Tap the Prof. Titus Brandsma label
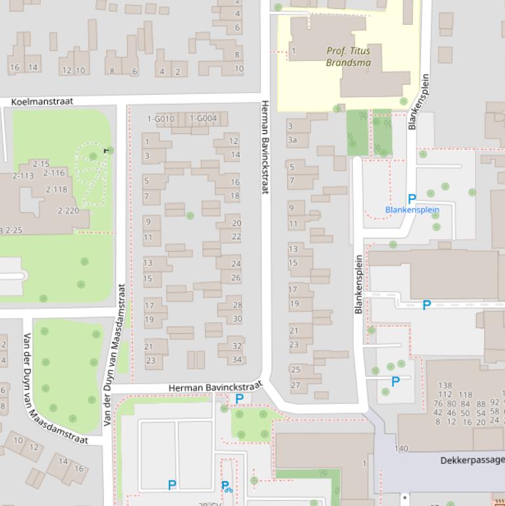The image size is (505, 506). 348,57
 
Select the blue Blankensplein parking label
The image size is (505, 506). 412,210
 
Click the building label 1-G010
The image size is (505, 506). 161,119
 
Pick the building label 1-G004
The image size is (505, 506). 203,119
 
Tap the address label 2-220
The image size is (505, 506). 68,211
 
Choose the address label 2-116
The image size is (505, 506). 54,173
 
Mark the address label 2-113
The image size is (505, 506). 23,176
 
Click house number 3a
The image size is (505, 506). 292,140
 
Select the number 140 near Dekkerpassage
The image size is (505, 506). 401,449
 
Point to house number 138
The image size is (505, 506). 445,386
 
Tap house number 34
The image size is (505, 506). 237,360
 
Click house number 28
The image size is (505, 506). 237,305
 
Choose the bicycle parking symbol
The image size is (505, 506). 227,487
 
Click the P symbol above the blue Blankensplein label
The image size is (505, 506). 412,198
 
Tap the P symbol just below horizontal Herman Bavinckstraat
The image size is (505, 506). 239,399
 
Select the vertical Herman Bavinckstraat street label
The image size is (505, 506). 265,147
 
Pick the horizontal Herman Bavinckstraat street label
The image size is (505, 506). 215,388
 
